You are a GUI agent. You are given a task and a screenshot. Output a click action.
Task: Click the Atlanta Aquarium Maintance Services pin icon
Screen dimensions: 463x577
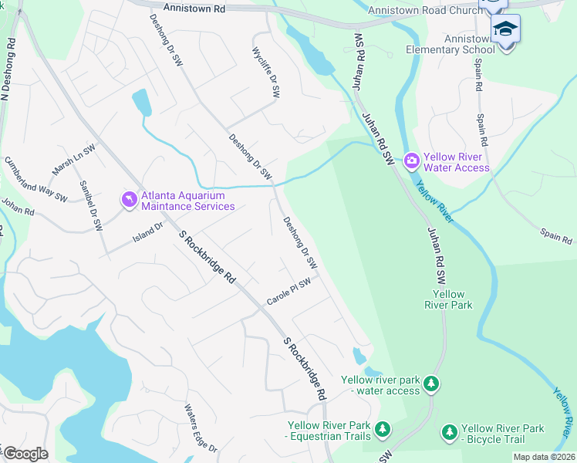pos(128,200)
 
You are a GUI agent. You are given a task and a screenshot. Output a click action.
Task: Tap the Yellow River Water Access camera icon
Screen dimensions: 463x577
pos(411,161)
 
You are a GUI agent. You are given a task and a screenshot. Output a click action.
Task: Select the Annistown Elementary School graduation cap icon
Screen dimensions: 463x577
pos(506,29)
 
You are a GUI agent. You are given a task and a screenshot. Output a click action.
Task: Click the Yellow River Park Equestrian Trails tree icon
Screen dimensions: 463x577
pos(382,428)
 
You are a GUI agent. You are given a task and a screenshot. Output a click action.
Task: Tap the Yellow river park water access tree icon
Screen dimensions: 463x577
pos(432,383)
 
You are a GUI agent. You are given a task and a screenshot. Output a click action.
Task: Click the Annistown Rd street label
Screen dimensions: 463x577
pos(198,8)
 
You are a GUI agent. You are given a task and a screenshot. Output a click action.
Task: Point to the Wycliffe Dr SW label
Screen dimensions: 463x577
pos(265,70)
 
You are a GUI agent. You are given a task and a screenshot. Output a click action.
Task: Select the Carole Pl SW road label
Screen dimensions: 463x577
pos(288,292)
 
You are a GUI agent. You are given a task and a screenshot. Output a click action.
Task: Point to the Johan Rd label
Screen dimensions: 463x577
pos(18,206)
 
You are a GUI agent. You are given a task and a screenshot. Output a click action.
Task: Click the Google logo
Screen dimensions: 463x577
pos(25,454)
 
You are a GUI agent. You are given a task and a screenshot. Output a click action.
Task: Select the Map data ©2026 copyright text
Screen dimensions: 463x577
pos(544,457)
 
